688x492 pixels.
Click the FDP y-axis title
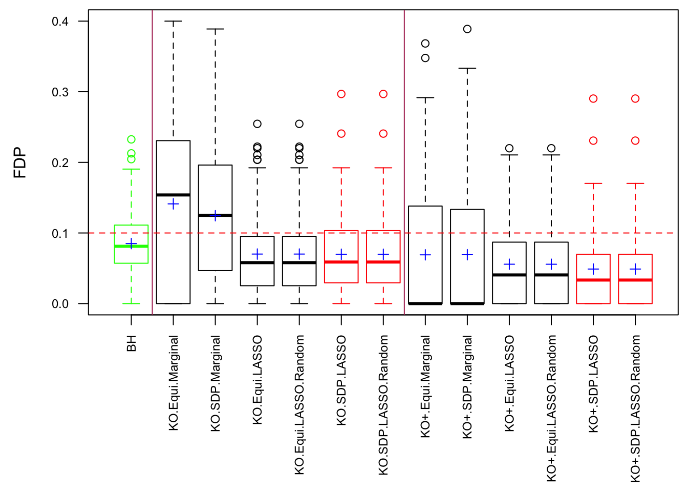point(20,162)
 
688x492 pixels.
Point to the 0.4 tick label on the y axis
point(60,22)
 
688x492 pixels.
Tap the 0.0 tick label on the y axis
point(60,304)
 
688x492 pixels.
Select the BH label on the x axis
point(132,344)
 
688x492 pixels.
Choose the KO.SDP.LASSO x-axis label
point(341,380)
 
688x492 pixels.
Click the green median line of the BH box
point(131,247)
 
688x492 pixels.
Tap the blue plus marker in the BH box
point(132,244)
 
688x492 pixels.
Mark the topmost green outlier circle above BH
point(132,139)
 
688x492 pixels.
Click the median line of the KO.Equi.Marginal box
point(173,195)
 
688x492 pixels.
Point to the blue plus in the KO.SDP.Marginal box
point(216,216)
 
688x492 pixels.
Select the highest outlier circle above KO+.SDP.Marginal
point(467,29)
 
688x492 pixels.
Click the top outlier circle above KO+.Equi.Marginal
point(425,44)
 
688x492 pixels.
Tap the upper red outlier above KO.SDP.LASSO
point(341,94)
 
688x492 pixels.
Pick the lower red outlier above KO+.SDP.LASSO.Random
point(635,140)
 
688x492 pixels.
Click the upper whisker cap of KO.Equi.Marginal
point(174,22)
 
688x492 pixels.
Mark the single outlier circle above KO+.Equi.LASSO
point(509,149)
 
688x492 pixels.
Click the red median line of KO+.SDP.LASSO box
point(593,280)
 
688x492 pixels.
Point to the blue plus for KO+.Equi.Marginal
point(425,255)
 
